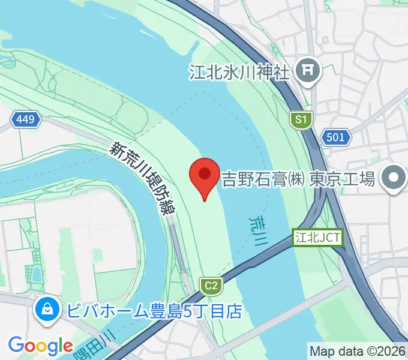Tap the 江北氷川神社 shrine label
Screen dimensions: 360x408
239,72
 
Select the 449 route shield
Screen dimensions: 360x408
26,120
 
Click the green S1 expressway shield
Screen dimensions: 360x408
301,120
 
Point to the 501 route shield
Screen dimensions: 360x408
336,137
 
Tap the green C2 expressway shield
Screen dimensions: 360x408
210,286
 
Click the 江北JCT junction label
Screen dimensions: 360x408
318,238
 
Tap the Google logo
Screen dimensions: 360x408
40,346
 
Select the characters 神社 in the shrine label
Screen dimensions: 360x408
276,72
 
